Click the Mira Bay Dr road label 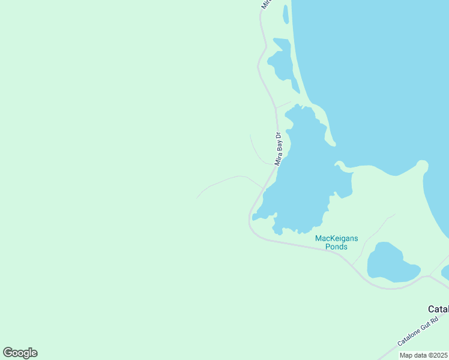[278, 149]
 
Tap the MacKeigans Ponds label [336, 242]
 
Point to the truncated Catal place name [438, 309]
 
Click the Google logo [20, 353]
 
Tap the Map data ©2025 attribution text [423, 355]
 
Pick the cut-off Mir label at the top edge [266, 4]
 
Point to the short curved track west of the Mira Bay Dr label [256, 150]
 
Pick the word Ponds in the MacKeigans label [336, 247]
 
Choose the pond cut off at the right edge [444, 271]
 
